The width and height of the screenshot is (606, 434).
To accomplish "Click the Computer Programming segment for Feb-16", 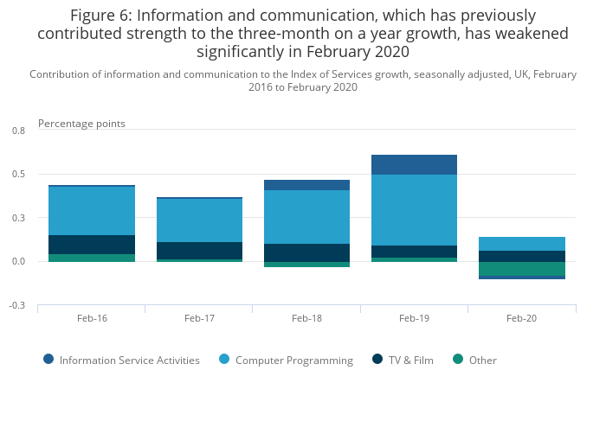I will tap(92, 211).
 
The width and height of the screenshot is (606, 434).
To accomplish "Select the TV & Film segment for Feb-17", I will tap(199, 251).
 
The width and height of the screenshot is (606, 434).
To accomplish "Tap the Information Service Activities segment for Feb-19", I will tap(414, 164).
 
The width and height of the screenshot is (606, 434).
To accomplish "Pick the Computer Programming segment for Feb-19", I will tap(414, 210).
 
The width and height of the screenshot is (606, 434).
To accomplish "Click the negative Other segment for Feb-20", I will tap(521, 269).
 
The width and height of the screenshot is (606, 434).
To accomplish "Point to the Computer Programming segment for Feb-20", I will tap(521, 244).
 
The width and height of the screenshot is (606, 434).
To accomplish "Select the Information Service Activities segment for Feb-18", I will tap(306, 185).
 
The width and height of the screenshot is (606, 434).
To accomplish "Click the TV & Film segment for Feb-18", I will tap(306, 252).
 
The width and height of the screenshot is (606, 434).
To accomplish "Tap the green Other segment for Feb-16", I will tap(92, 258).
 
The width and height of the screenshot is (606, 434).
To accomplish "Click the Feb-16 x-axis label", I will tap(92, 318).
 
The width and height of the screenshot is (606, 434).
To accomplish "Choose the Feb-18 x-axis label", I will tap(306, 318).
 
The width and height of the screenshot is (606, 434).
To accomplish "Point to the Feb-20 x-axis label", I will tap(521, 318).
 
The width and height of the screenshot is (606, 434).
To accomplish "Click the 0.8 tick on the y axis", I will tap(18, 131).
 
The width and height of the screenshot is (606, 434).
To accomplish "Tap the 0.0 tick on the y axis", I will tap(18, 262).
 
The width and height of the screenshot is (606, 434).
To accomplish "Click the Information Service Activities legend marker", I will tap(48, 360).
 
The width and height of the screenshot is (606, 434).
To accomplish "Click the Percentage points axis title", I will tap(81, 124).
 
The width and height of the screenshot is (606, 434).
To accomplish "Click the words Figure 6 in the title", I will tap(100, 16).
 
